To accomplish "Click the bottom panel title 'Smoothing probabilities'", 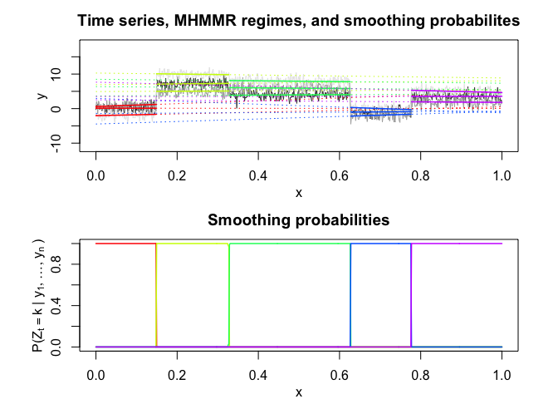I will pyautogui.click(x=298, y=220).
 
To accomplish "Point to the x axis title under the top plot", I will pyautogui.click(x=299, y=193).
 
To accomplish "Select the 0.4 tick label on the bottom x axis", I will pyautogui.click(x=258, y=374).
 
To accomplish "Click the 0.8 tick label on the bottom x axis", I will pyautogui.click(x=420, y=374).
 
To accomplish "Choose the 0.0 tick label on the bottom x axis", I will pyautogui.click(x=96, y=374).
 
